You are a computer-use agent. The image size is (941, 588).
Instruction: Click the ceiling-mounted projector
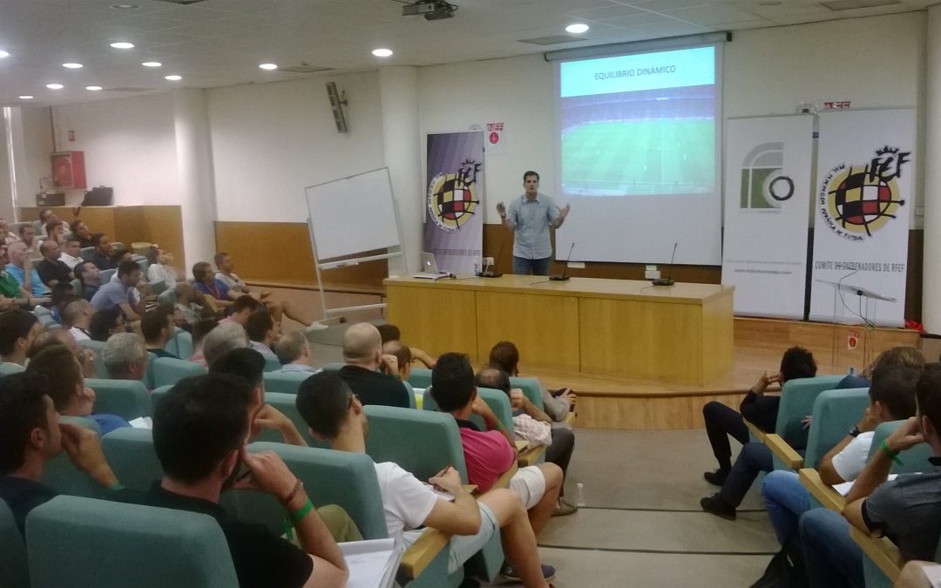(430, 10)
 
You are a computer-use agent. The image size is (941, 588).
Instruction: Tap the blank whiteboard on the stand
(352, 213)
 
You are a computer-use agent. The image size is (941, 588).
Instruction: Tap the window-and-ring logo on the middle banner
(766, 178)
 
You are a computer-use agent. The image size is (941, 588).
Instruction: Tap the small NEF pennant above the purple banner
(494, 135)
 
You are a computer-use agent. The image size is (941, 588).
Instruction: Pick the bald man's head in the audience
(362, 342)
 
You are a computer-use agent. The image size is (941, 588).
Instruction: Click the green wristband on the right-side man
(890, 452)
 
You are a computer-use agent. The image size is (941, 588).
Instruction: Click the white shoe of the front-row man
(317, 327)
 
